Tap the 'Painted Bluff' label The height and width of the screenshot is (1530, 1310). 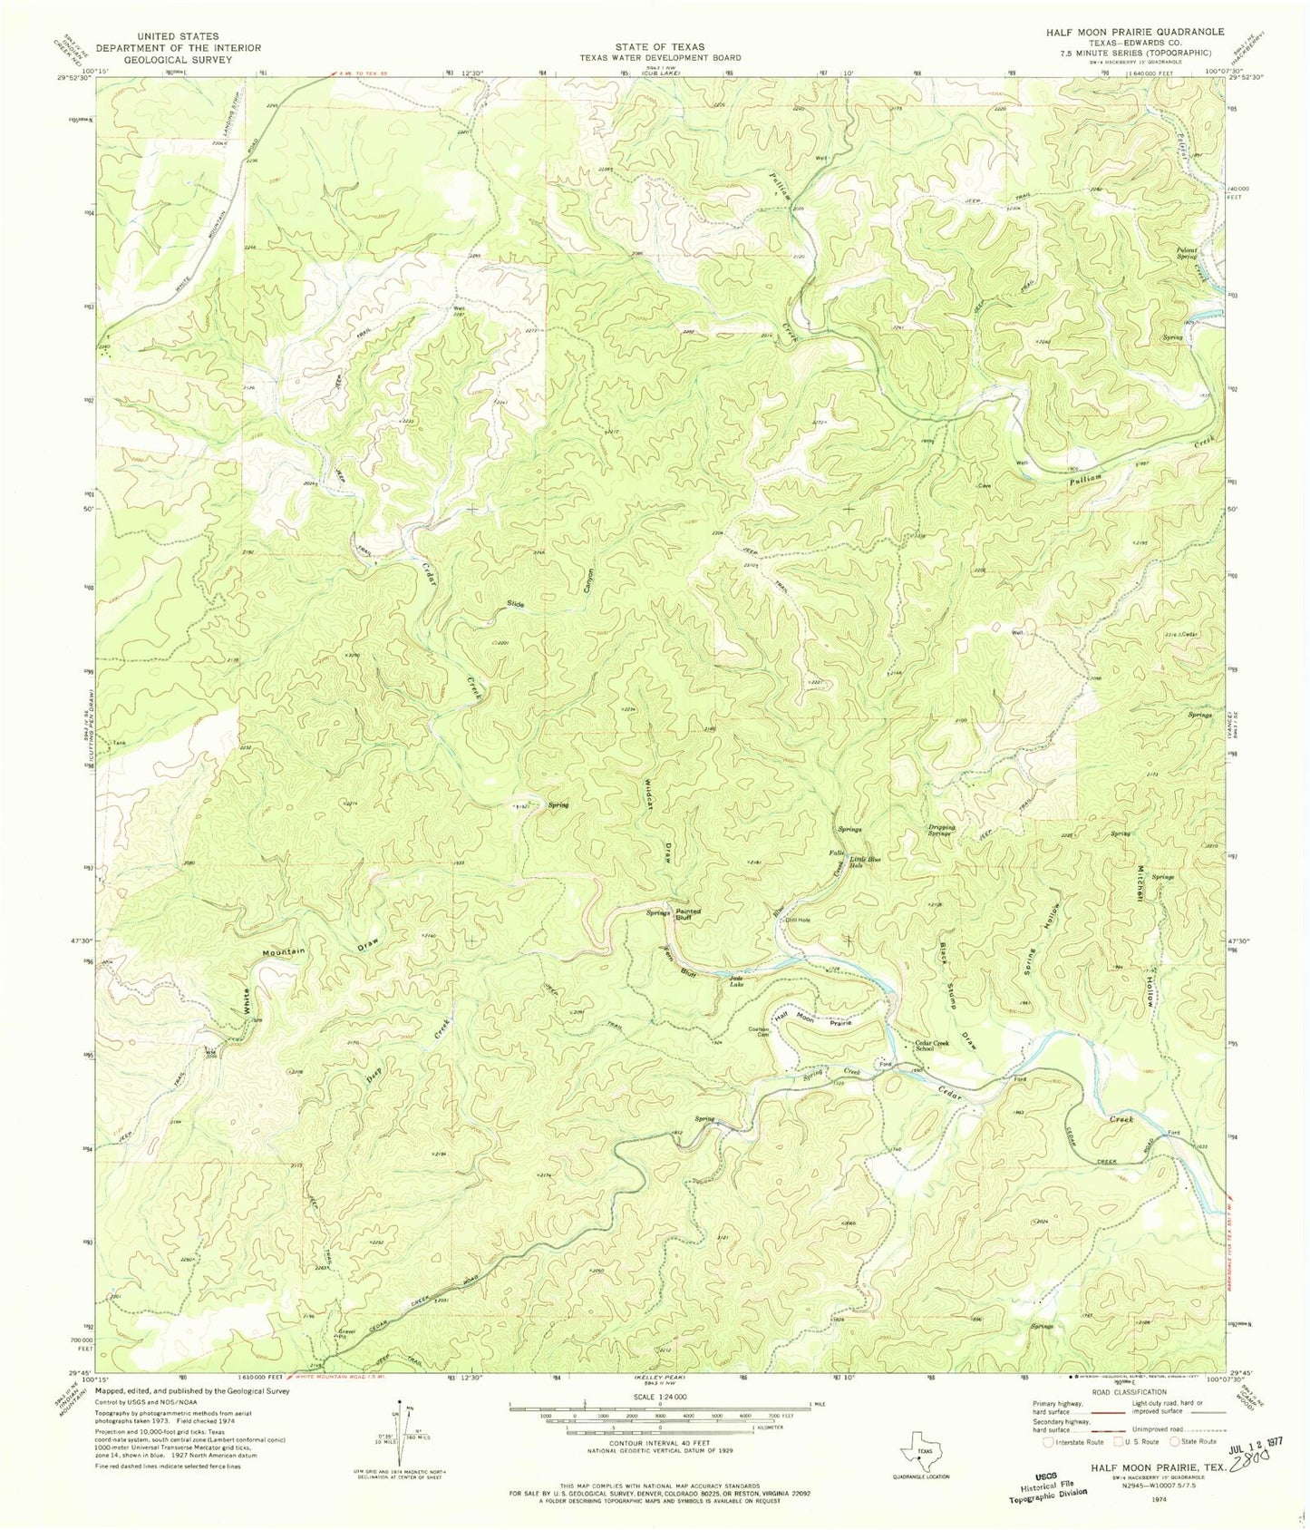(688, 915)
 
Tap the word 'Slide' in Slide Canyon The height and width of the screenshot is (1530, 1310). (516, 604)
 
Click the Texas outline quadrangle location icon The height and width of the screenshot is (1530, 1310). (916, 1456)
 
